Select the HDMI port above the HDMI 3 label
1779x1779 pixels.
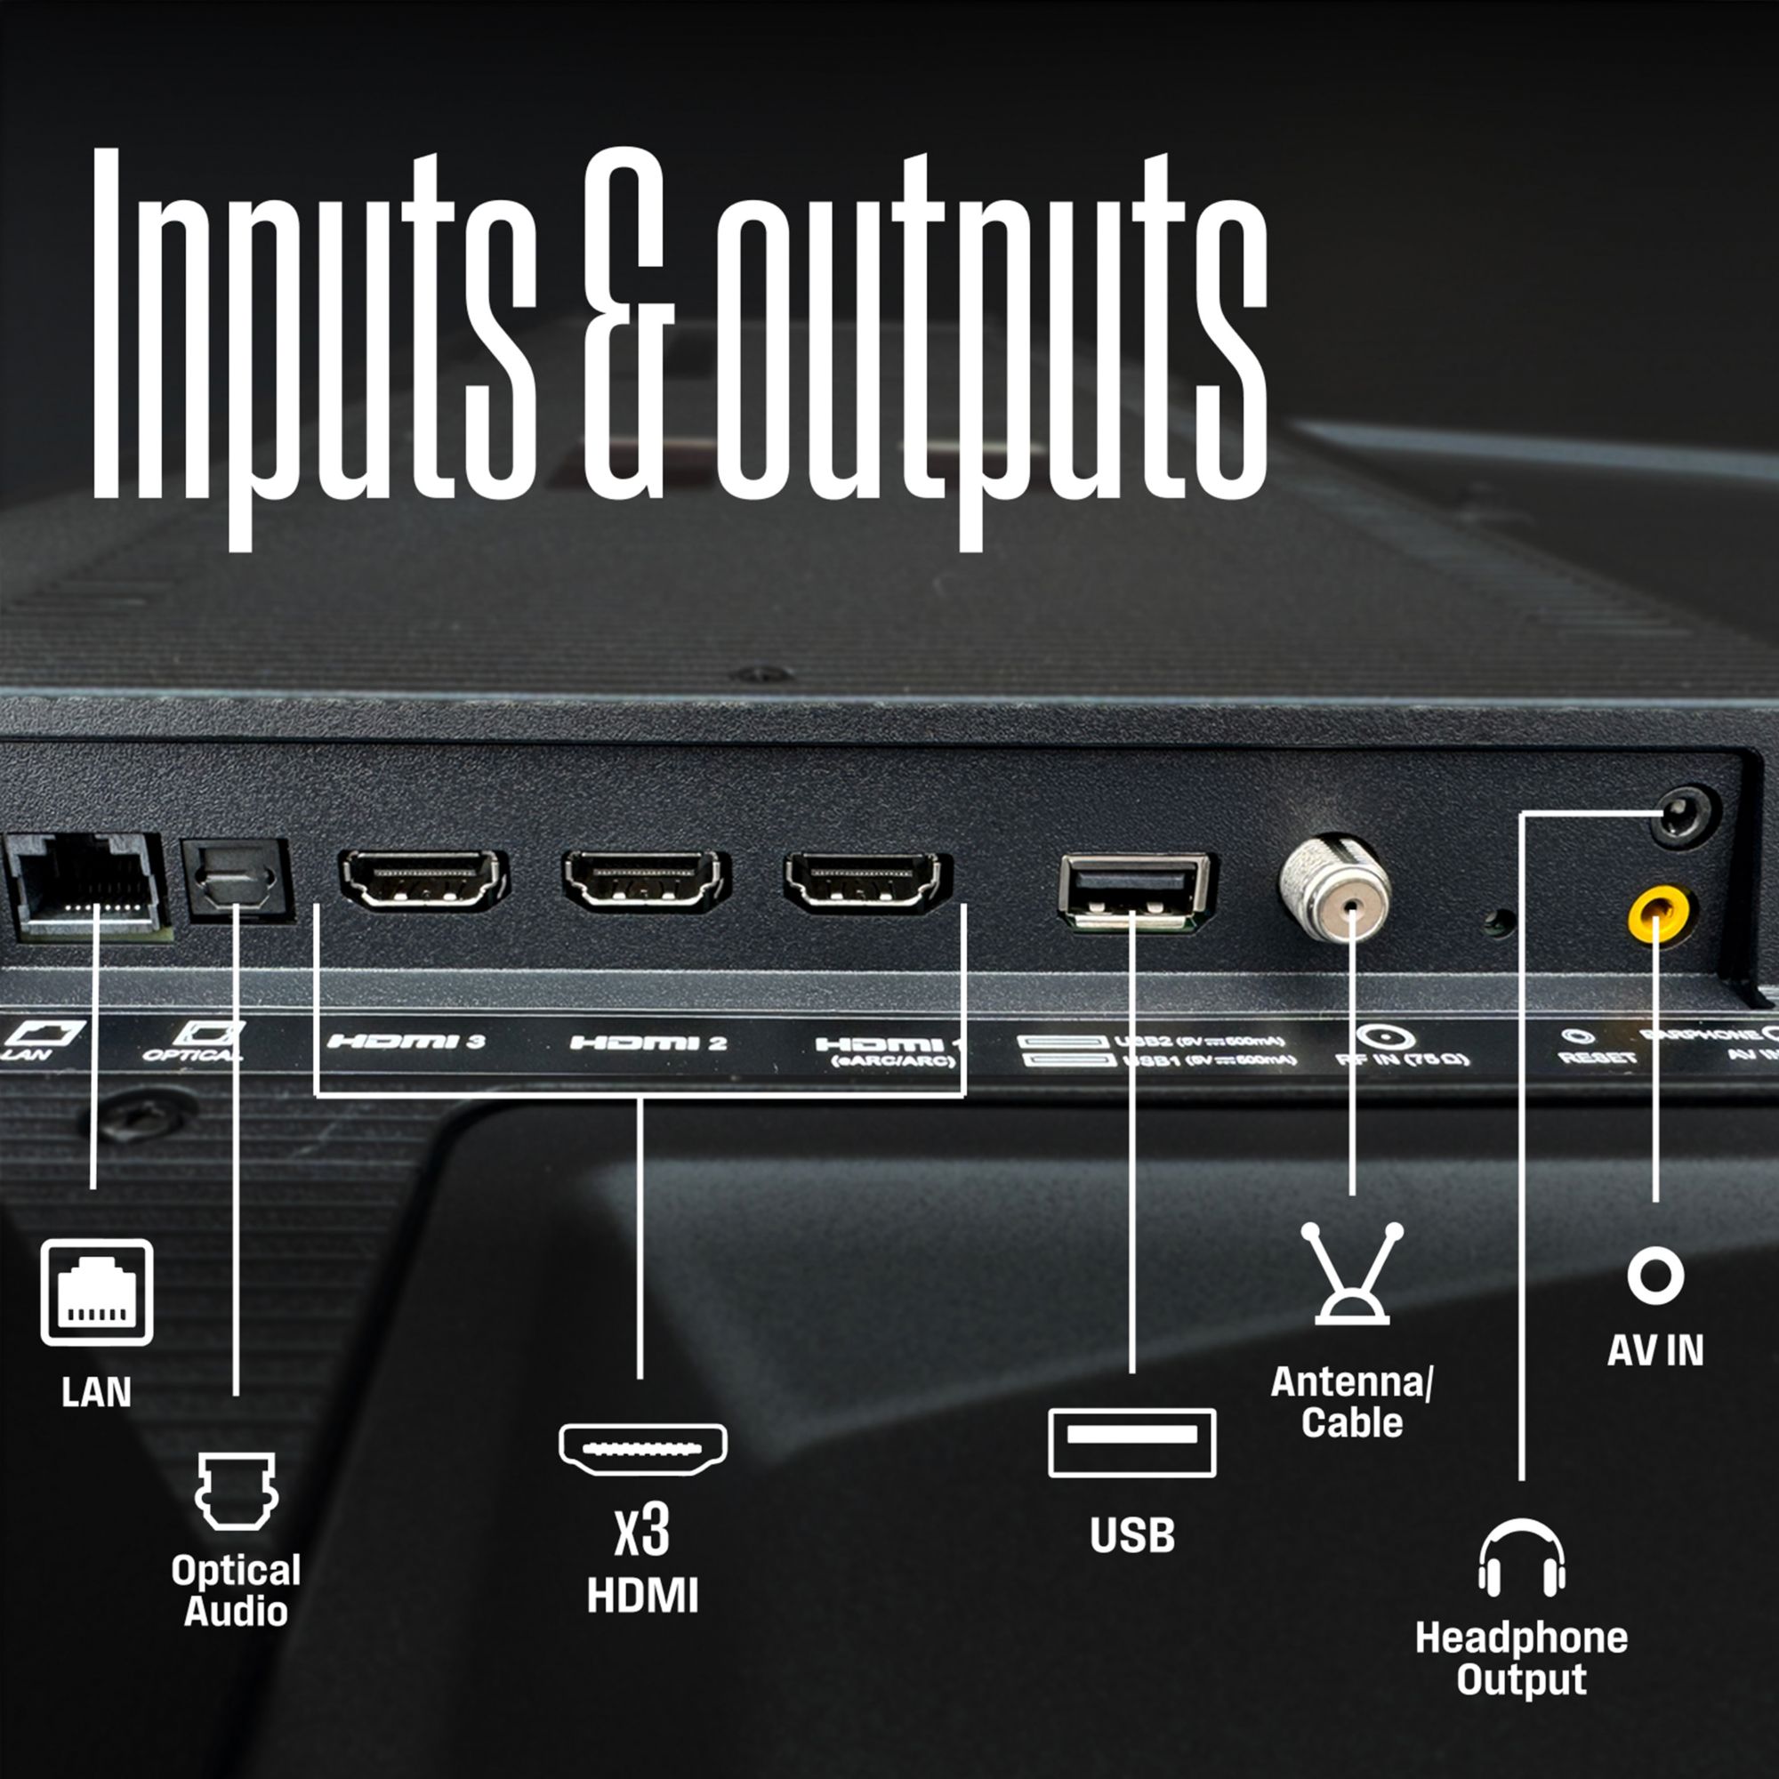[x=423, y=880]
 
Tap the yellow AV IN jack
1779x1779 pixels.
[x=1656, y=917]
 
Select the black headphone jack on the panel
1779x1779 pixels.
[x=1684, y=815]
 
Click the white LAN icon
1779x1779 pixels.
[x=97, y=1292]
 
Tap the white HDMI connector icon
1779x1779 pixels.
[x=643, y=1448]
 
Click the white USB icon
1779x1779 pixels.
[x=1131, y=1443]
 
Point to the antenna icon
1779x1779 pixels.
[x=1352, y=1273]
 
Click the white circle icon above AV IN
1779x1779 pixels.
[x=1655, y=1276]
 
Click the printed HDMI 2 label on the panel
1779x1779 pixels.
[x=648, y=1042]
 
